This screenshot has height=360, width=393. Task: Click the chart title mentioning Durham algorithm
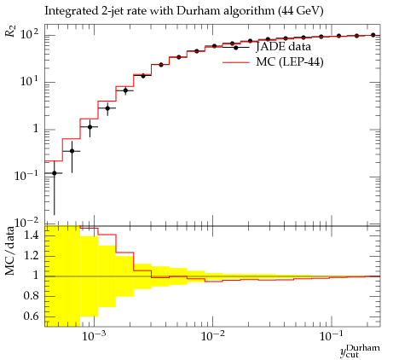pyautogui.click(x=184, y=11)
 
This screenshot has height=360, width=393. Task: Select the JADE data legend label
pyautogui.click(x=283, y=46)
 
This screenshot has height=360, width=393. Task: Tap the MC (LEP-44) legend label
pyautogui.click(x=290, y=61)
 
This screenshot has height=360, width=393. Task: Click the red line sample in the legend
pyautogui.click(x=236, y=62)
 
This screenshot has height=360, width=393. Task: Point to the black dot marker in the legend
pyautogui.click(x=236, y=48)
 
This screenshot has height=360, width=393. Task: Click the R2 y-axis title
pyautogui.click(x=10, y=31)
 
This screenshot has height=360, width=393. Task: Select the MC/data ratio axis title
pyautogui.click(x=10, y=251)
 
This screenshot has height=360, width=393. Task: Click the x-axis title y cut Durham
pyautogui.click(x=360, y=351)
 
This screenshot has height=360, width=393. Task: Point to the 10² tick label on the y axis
pyautogui.click(x=30, y=34)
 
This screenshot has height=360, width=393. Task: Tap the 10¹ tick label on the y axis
pyautogui.click(x=30, y=82)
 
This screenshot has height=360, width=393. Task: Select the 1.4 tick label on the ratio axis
pyautogui.click(x=31, y=235)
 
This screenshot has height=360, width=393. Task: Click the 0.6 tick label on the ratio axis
pyautogui.click(x=31, y=316)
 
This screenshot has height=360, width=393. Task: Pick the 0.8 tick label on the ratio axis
pyautogui.click(x=31, y=296)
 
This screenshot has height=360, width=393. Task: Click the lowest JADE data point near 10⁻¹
pyautogui.click(x=55, y=173)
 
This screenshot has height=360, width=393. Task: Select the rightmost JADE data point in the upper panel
pyautogui.click(x=373, y=35)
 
